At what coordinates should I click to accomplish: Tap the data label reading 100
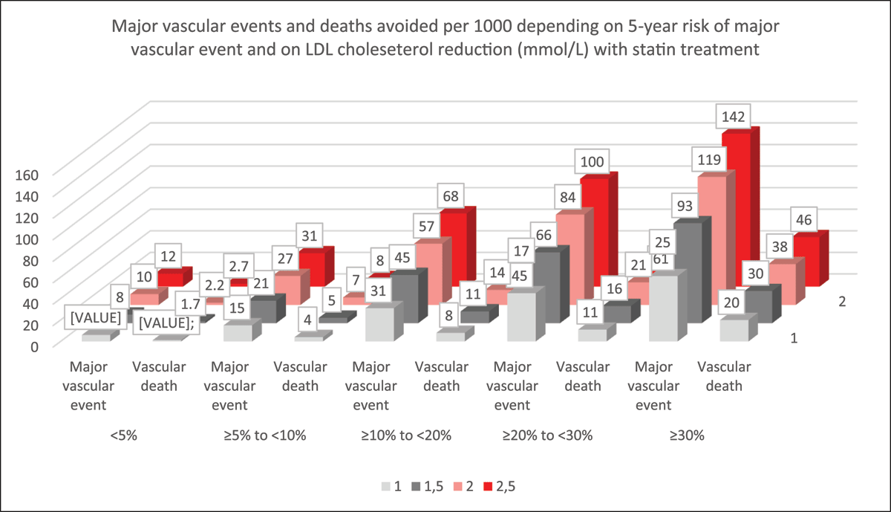coord(592,161)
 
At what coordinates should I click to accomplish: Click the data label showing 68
coord(450,197)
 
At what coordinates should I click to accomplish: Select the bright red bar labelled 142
coord(736,208)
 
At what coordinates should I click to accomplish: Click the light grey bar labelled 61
coord(663,306)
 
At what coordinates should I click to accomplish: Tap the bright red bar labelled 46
coord(806,260)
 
